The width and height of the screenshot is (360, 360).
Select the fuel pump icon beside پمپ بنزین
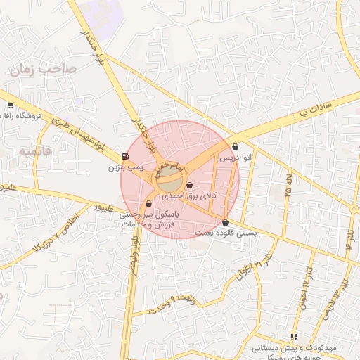pyautogui.click(x=125, y=156)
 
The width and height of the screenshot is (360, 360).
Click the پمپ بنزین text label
pyautogui.click(x=125, y=168)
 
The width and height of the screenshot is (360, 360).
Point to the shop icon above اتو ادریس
pyautogui.click(x=235, y=147)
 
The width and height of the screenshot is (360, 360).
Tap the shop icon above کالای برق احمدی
pyautogui.click(x=189, y=185)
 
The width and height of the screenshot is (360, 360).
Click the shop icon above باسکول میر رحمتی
pyautogui.click(x=148, y=204)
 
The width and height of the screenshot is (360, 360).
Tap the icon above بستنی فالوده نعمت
pyautogui.click(x=225, y=222)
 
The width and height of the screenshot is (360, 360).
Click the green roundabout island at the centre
pyautogui.click(x=169, y=181)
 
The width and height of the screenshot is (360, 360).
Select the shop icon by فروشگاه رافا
pyautogui.click(x=10, y=105)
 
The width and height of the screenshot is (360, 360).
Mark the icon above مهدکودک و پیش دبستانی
pyautogui.click(x=293, y=337)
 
